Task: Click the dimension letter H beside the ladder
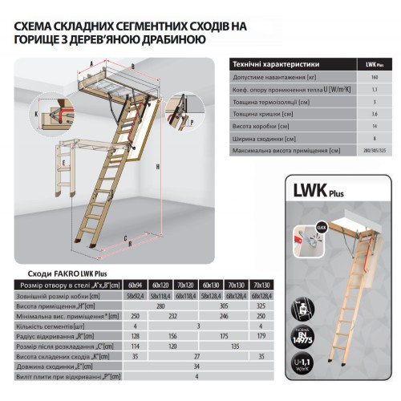159,166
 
